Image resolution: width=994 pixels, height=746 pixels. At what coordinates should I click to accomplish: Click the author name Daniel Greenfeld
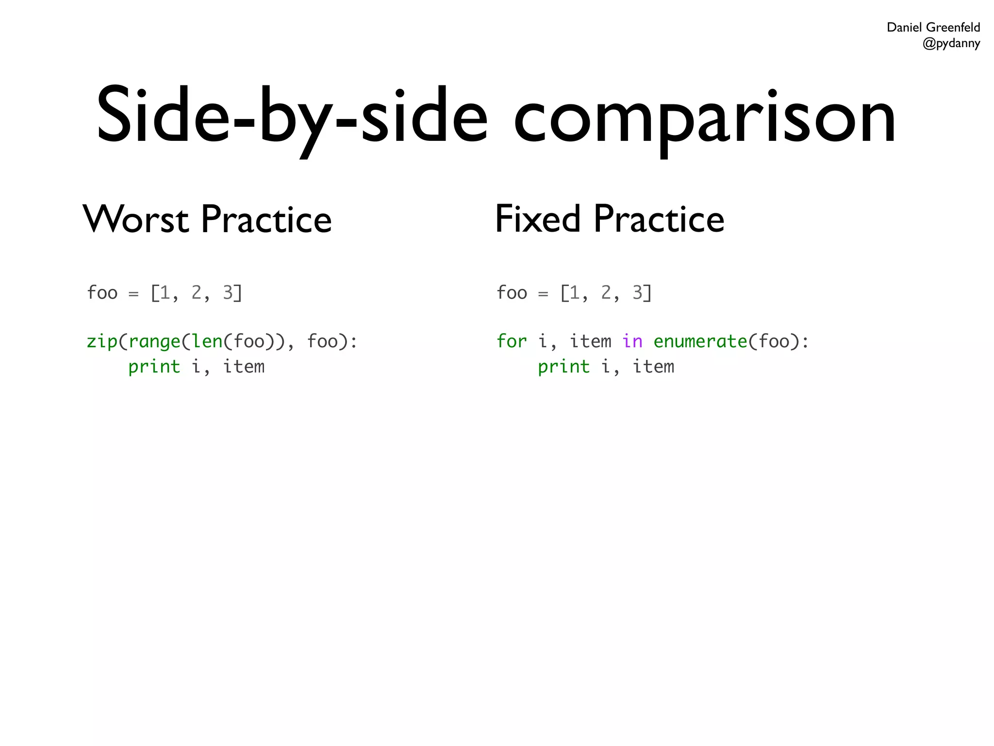[x=933, y=27]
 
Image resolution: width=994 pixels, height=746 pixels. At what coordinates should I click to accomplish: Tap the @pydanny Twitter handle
[x=951, y=43]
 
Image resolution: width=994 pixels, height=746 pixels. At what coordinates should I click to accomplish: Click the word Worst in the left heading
[x=135, y=220]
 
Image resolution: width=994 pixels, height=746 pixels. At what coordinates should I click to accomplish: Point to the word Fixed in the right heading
[x=538, y=219]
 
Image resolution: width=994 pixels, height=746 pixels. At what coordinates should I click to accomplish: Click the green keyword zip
[x=102, y=341]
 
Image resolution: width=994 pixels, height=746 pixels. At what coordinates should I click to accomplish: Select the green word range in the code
[x=154, y=341]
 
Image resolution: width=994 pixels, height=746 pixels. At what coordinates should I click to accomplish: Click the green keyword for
[x=512, y=341]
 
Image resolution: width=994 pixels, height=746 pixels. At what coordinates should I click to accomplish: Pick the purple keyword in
[x=632, y=341]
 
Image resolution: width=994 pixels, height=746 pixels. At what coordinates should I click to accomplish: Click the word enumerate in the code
[x=700, y=341]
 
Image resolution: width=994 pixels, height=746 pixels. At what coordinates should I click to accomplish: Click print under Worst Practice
[x=154, y=367]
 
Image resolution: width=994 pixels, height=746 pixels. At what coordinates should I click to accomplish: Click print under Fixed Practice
[x=563, y=367]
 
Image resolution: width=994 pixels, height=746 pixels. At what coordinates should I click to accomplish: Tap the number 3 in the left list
[x=228, y=292]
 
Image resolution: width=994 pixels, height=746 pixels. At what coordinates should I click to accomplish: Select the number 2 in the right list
[x=606, y=292]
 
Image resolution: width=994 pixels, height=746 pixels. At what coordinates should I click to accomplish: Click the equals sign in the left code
[x=133, y=294]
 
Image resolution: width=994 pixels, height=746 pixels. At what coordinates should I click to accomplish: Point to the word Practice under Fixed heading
[x=659, y=220]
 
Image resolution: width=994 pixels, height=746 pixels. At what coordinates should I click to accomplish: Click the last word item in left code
[x=244, y=367]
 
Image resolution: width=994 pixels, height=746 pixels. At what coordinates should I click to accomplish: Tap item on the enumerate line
[x=590, y=341]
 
